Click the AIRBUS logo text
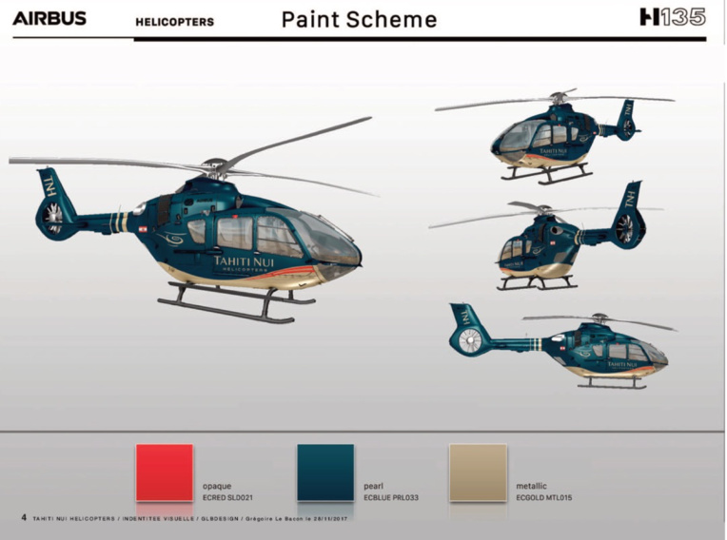tap(49, 18)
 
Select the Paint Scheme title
tap(359, 19)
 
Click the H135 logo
tap(672, 17)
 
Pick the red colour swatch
tap(164, 472)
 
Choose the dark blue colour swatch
tap(324, 472)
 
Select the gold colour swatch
tap(478, 472)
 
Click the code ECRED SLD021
tap(227, 497)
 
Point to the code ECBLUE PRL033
tap(392, 497)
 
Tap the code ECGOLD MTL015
tap(543, 497)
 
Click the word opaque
tap(217, 486)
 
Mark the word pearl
tap(373, 486)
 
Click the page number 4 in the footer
tap(24, 517)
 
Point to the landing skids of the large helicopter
tap(234, 305)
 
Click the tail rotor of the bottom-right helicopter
tap(469, 341)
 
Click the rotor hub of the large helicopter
tap(218, 165)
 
